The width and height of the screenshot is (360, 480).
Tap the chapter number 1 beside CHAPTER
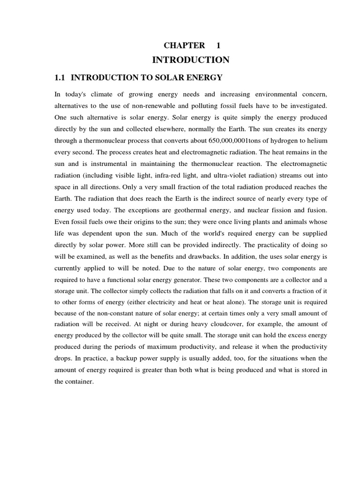(218, 45)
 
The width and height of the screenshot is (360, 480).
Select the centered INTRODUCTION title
(191, 60)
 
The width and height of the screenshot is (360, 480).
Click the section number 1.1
(61, 77)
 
